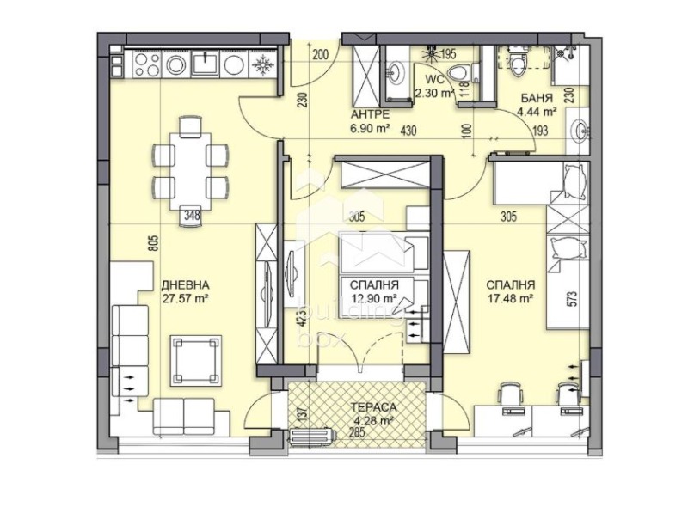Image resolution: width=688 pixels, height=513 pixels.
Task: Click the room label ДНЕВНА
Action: [186, 285]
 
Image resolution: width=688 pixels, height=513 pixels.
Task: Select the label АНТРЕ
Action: [371, 114]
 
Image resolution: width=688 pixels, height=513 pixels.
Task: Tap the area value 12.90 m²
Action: [372, 298]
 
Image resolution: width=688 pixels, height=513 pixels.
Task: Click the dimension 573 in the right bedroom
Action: [568, 301]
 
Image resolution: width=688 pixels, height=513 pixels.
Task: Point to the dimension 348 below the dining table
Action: [190, 217]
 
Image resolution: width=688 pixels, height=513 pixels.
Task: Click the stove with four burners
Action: [146, 64]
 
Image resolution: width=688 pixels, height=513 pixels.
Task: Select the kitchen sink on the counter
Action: [206, 64]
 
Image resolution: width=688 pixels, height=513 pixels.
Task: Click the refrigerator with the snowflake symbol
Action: [261, 64]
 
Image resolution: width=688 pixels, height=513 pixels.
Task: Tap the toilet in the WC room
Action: [458, 71]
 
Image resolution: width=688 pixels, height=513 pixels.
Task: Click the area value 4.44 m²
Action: [538, 111]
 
